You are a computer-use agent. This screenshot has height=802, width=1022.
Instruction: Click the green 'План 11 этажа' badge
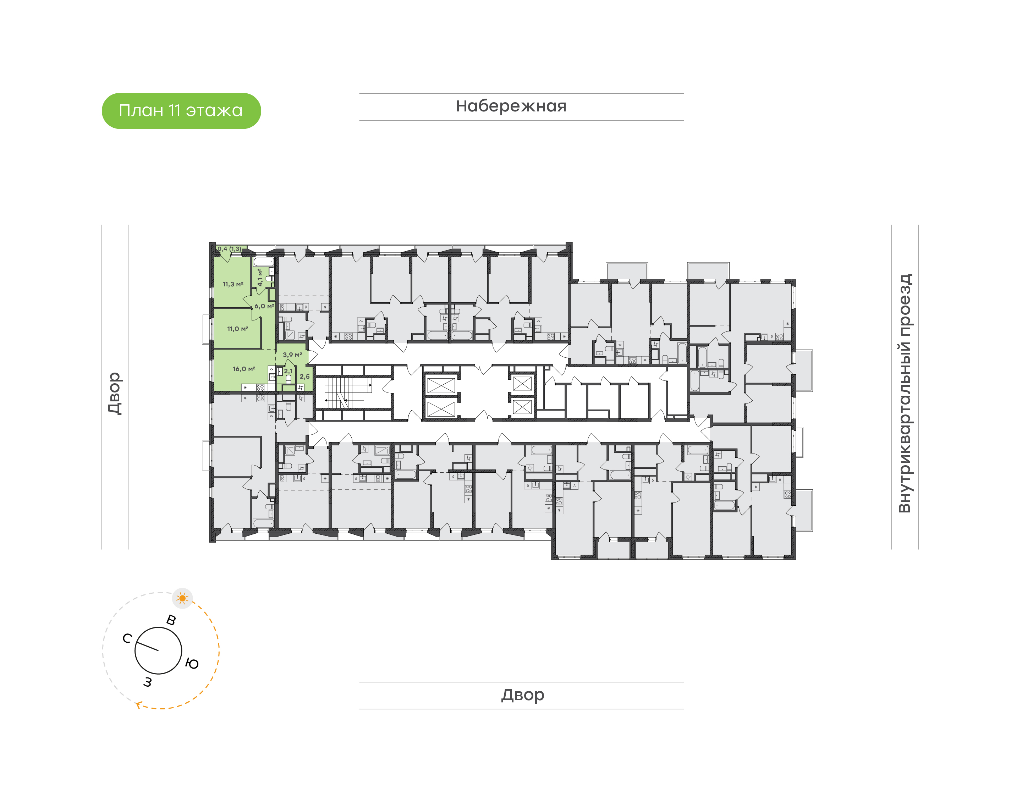point(181,111)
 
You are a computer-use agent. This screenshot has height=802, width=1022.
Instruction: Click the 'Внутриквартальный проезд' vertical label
point(904,393)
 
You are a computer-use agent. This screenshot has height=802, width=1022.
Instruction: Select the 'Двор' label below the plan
point(522,694)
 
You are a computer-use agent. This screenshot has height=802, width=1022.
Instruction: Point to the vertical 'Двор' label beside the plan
point(115,393)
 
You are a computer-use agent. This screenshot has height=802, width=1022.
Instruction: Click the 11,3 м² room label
point(233,284)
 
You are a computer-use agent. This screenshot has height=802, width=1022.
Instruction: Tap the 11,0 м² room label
point(237,329)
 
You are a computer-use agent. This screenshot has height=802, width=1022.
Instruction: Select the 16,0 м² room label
point(244,369)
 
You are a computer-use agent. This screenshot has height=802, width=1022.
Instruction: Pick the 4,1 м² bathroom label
point(260,278)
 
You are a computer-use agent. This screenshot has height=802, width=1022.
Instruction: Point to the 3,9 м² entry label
point(292,355)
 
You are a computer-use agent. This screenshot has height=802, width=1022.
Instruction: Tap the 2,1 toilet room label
point(288,371)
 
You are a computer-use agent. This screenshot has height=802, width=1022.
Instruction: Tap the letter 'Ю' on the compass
point(192,664)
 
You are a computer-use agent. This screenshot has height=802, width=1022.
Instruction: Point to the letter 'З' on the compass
point(148,682)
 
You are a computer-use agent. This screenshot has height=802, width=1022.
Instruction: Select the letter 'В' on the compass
point(171,620)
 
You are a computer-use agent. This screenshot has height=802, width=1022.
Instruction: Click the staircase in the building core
point(345,392)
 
